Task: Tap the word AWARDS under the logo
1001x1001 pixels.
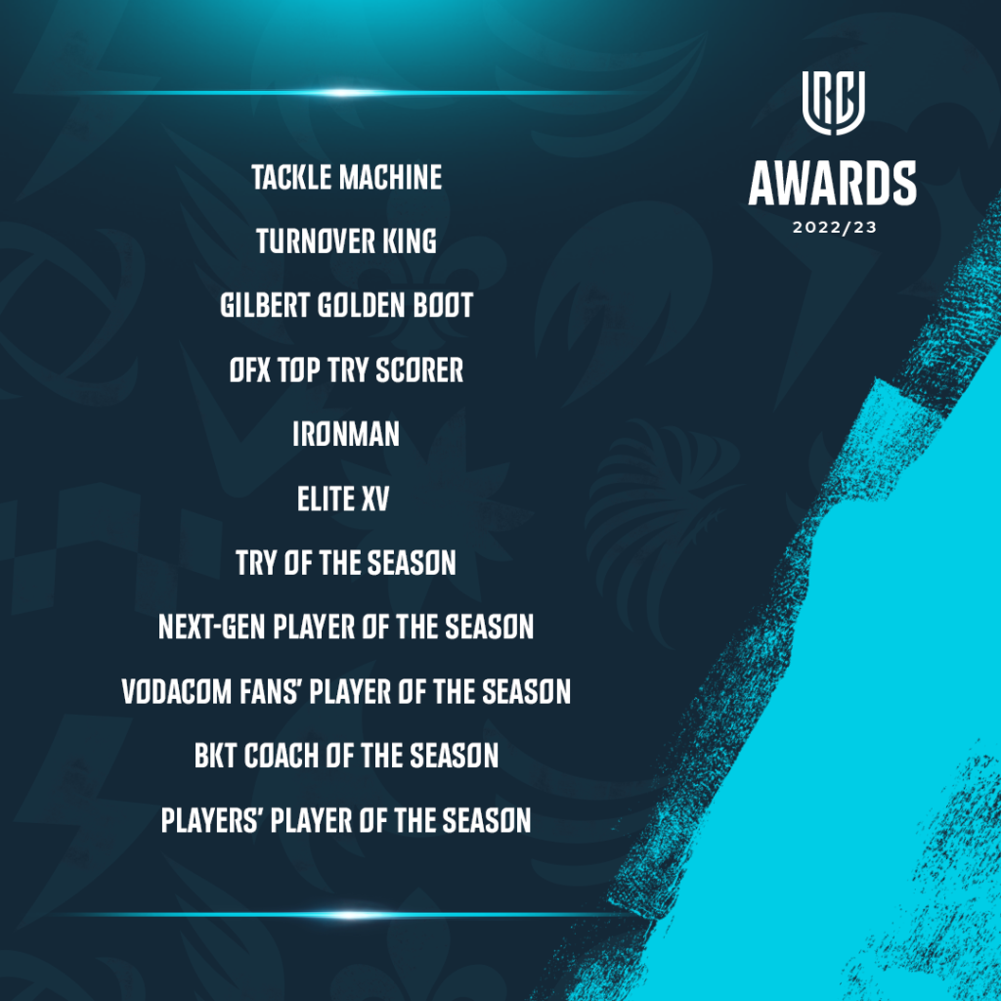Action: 833,184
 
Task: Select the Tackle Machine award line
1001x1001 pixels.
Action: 346,178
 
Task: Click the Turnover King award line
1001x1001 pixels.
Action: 346,241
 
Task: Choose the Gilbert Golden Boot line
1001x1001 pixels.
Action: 346,305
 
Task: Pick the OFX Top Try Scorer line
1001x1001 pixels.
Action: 346,370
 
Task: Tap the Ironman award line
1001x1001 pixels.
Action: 346,434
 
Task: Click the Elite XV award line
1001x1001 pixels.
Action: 343,499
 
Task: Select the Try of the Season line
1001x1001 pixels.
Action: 346,563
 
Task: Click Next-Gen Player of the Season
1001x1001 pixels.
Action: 346,628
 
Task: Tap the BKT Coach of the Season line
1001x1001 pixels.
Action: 346,756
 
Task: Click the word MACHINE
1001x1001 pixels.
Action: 390,178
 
